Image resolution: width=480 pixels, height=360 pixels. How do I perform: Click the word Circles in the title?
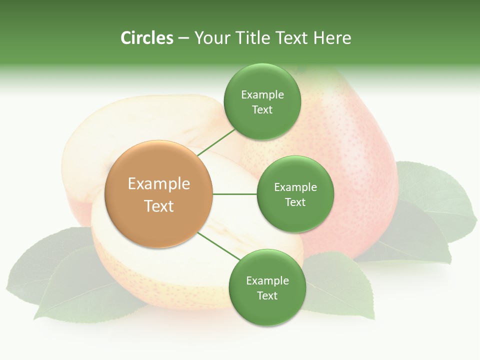146,38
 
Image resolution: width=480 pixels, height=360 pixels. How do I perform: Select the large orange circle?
158,194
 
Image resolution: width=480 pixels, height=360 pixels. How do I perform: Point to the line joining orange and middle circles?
234,194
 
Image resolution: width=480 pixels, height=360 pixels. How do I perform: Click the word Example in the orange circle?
158,184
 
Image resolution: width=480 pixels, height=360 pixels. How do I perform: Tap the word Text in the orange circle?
158,206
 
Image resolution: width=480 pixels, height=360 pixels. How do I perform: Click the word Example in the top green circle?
262,94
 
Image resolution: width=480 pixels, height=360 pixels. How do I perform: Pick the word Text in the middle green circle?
295,202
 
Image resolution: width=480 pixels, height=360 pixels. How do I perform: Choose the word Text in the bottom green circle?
266,295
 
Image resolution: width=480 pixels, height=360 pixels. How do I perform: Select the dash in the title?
183,38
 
